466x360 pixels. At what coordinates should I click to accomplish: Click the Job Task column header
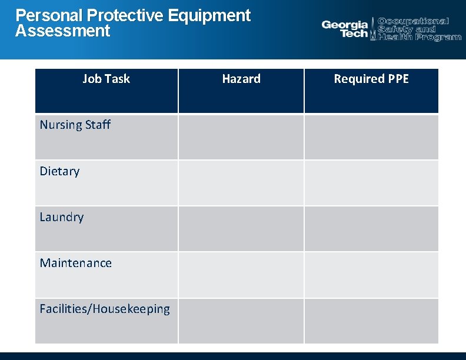coord(106,79)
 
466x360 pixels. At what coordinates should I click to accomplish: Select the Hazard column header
coord(241,79)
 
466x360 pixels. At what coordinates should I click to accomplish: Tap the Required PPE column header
coord(371,79)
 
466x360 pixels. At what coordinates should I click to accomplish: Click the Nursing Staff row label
coord(75,125)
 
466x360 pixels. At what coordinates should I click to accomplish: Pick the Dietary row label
coord(59,171)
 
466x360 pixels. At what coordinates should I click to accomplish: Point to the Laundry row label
coord(62,217)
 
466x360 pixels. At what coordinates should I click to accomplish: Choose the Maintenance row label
coord(75,263)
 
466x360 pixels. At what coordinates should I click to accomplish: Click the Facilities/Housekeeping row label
coord(105,309)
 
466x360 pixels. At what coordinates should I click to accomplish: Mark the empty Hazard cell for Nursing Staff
coord(241,136)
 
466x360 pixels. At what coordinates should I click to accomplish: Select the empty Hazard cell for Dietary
coord(241,183)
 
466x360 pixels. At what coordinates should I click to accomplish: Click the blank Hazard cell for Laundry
coord(241,229)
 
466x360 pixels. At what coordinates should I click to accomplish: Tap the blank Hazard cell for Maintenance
coord(241,275)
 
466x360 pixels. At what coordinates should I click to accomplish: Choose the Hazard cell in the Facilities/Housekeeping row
coord(241,321)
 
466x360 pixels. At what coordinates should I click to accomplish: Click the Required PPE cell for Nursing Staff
coord(371,136)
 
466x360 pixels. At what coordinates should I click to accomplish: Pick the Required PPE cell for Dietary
coord(371,183)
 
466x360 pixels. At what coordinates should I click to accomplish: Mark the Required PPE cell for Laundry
coord(371,229)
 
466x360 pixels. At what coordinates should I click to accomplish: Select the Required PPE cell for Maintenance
coord(371,275)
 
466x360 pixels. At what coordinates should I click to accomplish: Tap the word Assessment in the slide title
coord(62,31)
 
